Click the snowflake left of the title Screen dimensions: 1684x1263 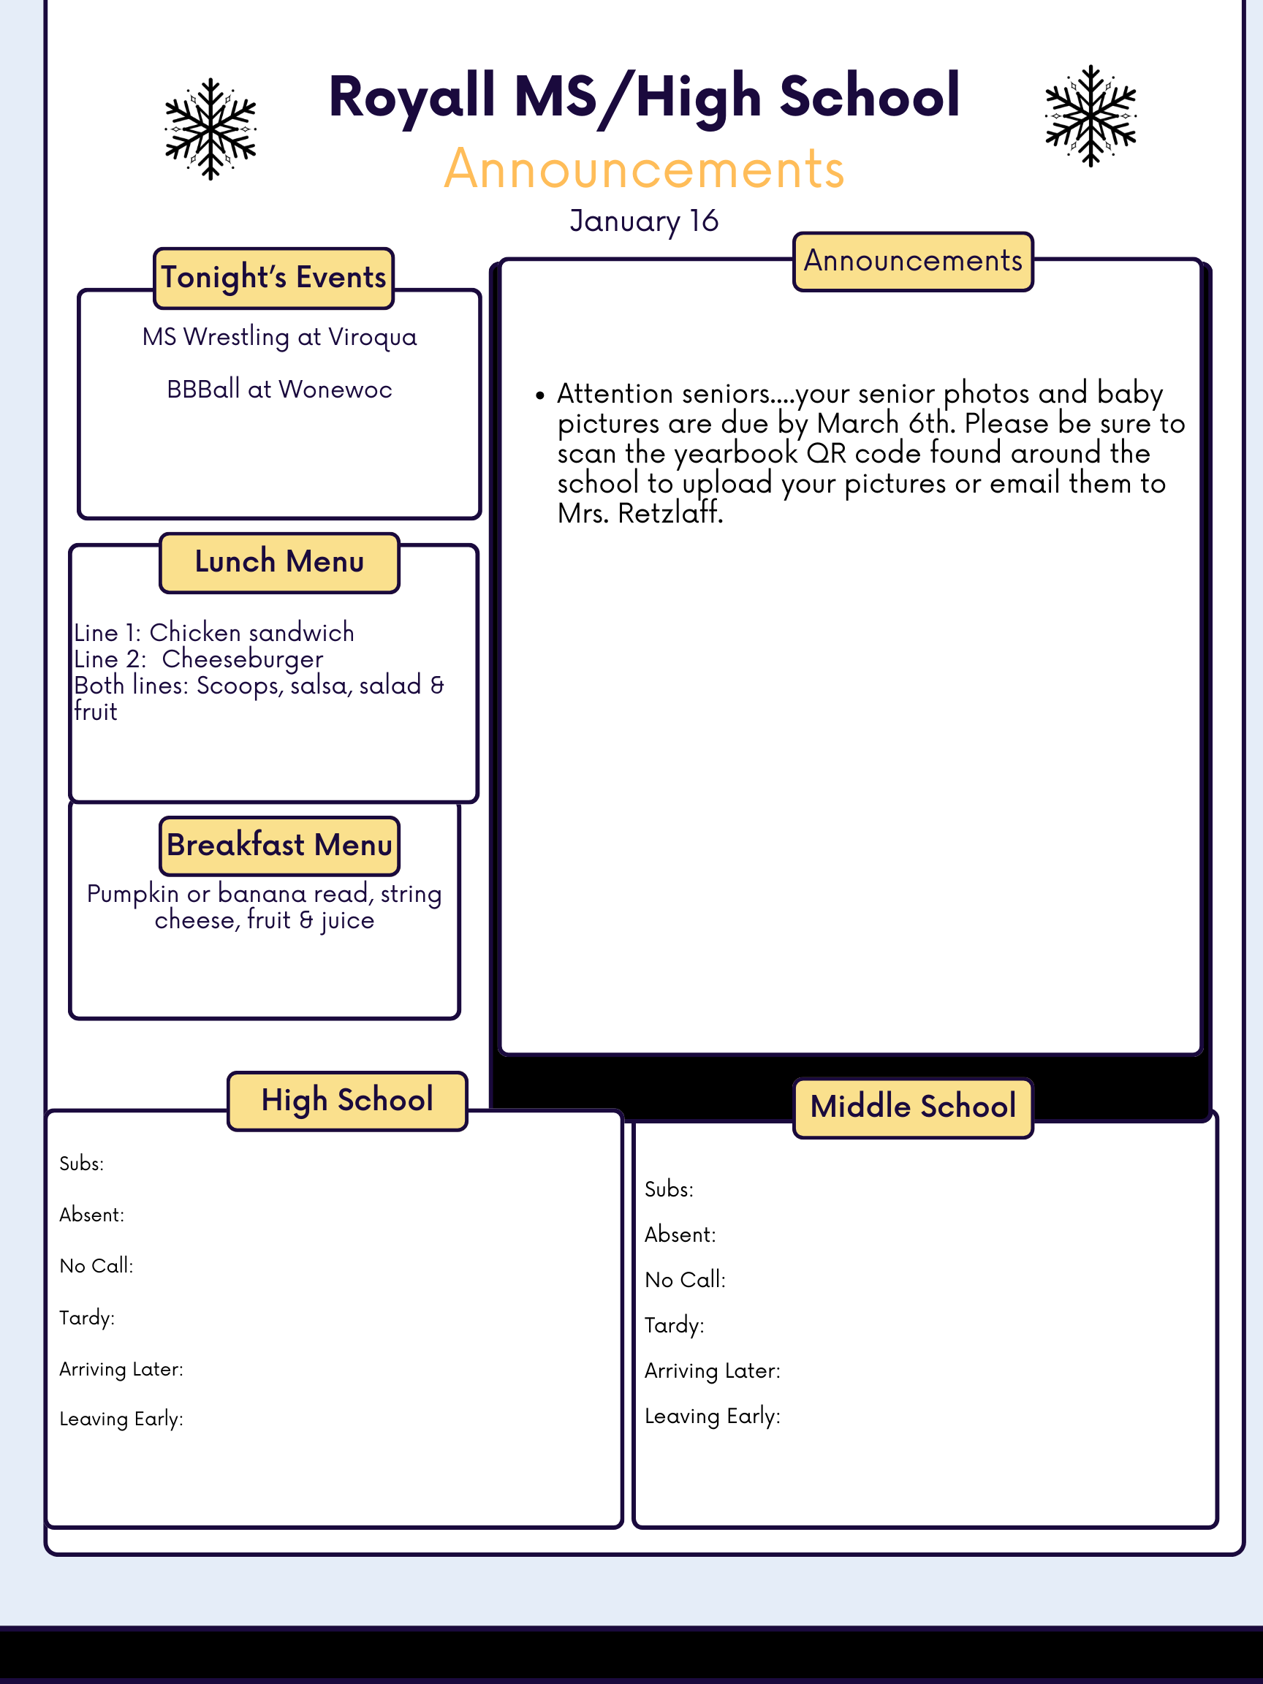pos(210,129)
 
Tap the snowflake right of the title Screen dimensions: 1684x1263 pos(1091,115)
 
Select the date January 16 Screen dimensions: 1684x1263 pos(643,221)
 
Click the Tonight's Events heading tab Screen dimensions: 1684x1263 pos(273,278)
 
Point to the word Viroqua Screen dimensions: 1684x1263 pos(372,337)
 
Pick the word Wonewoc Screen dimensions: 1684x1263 pos(335,390)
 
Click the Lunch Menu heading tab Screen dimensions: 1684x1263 pos(279,563)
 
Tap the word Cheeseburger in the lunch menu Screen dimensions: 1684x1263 pos(242,659)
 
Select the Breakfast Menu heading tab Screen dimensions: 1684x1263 pos(279,846)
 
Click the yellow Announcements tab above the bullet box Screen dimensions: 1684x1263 pos(913,261)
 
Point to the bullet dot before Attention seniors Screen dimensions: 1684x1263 pos(539,395)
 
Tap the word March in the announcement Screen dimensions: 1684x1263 pos(857,423)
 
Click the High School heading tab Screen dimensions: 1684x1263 pos(347,1101)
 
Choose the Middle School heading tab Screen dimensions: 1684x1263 pos(913,1107)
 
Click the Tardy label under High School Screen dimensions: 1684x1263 pos(87,1318)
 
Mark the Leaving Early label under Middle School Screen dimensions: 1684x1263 pos(712,1416)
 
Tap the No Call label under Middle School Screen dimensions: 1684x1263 pos(684,1280)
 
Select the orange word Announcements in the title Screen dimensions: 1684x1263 pos(644,169)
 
